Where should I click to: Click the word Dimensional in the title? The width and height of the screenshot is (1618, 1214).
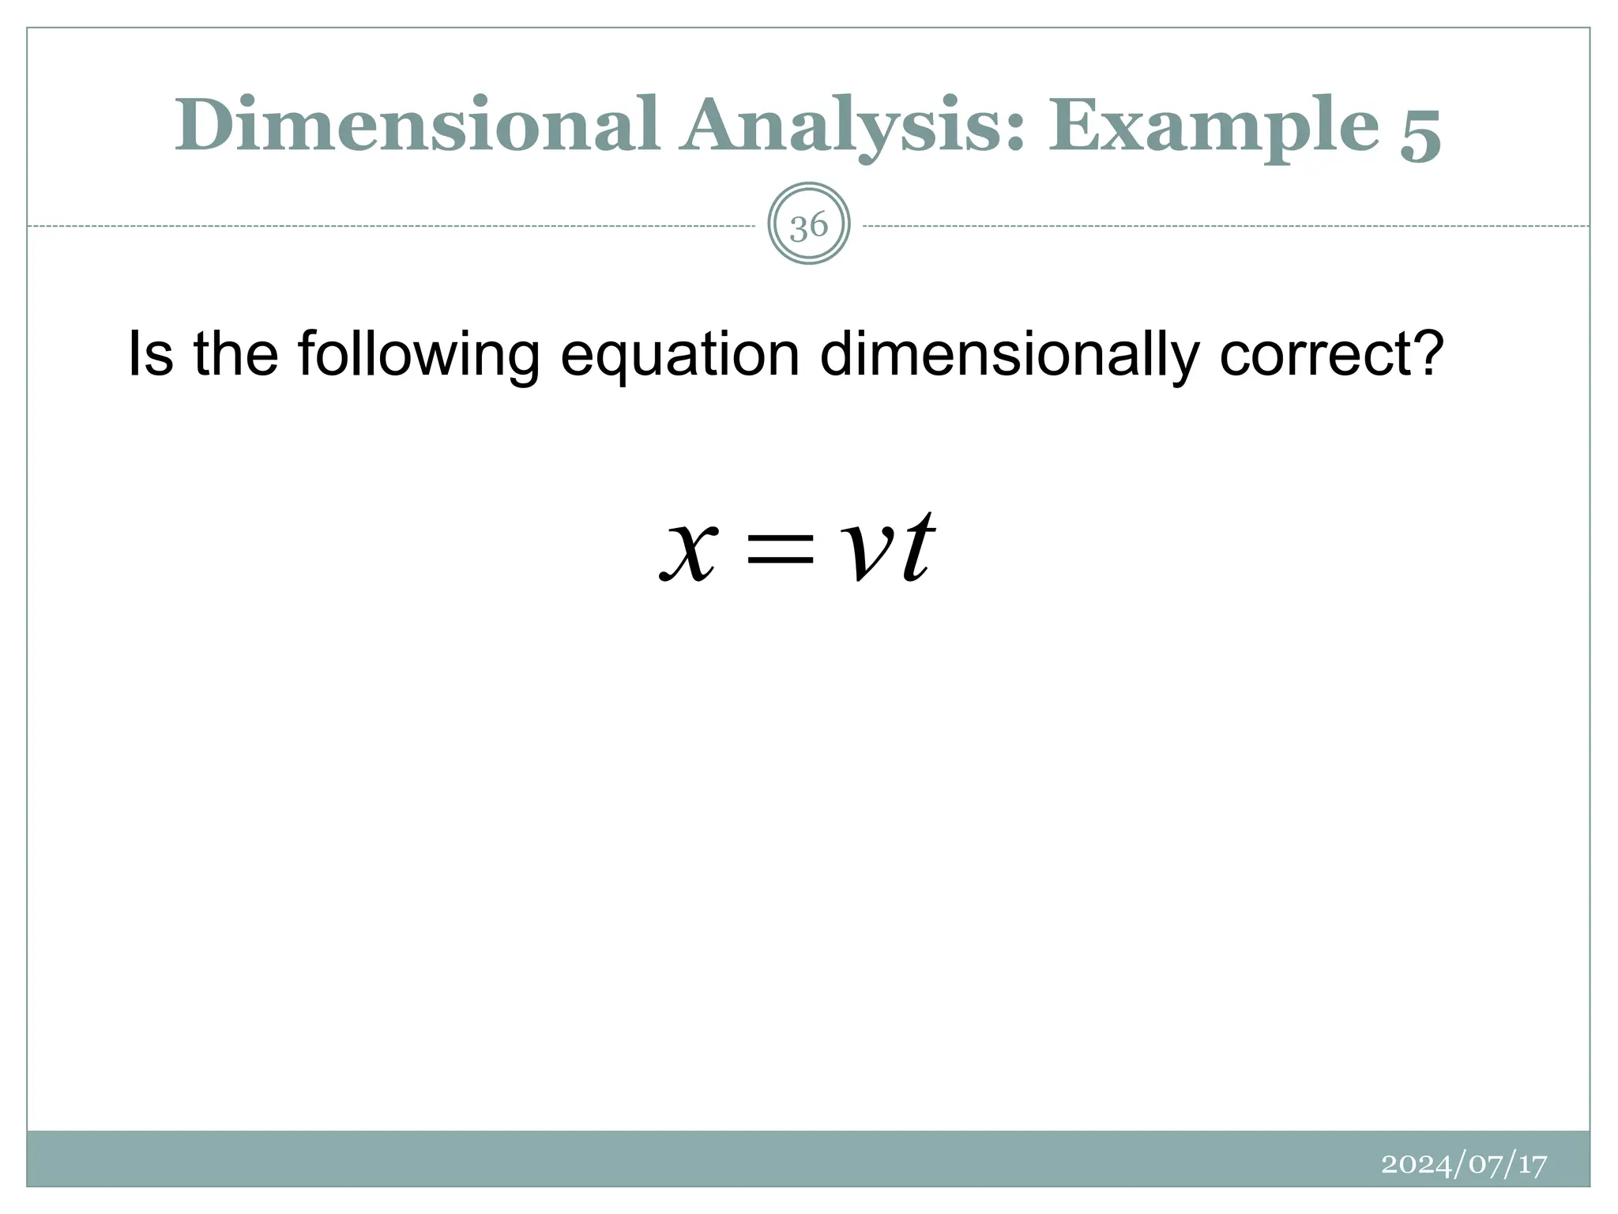(416, 126)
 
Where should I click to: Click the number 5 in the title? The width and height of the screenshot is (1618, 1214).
(1420, 131)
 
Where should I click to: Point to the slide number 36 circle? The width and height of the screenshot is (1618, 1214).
(808, 224)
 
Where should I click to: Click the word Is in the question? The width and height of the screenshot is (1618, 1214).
(150, 353)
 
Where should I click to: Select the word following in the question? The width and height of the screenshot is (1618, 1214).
(419, 355)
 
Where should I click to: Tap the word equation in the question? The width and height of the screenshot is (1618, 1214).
(679, 356)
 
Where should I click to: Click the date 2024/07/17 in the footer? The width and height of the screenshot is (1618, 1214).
(1463, 1164)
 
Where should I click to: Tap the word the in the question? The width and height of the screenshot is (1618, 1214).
(235, 353)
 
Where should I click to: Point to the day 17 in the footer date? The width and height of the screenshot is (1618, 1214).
(1532, 1164)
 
